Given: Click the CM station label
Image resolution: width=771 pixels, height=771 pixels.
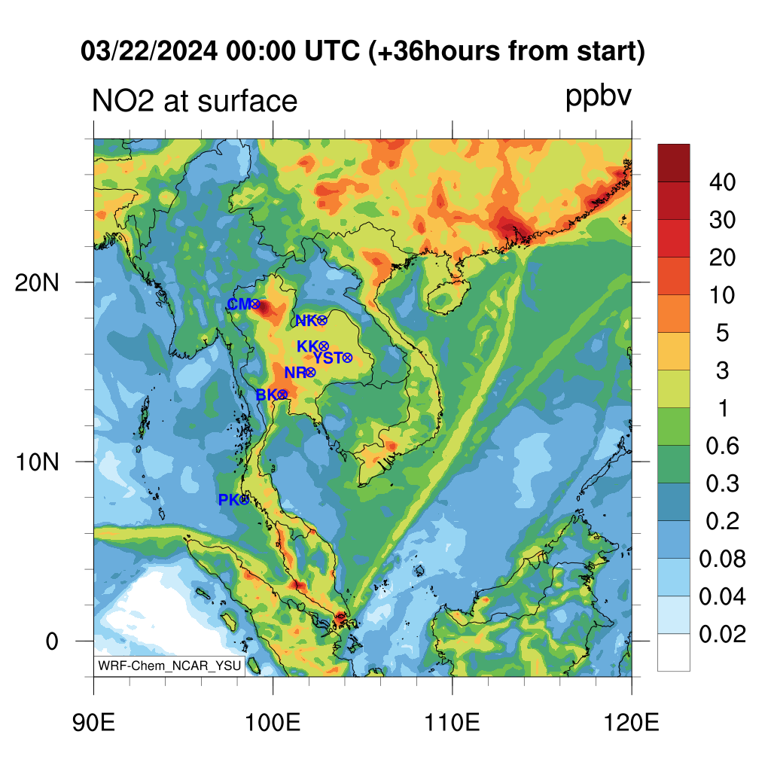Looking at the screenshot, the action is tap(239, 304).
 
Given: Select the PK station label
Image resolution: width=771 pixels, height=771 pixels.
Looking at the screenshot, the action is tap(229, 500).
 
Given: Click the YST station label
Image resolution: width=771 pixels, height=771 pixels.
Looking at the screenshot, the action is tap(327, 358).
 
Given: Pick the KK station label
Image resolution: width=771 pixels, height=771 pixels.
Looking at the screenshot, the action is tap(308, 346).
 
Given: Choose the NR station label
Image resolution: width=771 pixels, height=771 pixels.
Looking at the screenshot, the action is tap(295, 372).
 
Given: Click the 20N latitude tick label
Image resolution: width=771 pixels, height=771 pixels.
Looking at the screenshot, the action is tap(37, 283).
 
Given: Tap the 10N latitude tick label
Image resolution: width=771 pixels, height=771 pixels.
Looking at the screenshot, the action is tap(37, 462).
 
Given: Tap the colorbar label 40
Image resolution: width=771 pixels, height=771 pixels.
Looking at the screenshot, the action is tap(722, 182).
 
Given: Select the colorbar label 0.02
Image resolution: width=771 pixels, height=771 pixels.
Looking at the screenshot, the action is tap(722, 634).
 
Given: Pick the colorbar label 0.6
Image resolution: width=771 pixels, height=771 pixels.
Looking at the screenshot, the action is tap(722, 446).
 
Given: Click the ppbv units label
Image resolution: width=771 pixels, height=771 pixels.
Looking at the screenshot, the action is tap(599, 96).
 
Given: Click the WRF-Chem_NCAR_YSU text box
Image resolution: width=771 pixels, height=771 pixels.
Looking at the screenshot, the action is tap(169, 666).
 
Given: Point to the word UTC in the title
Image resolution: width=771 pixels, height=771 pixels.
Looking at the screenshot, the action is tap(332, 51).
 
